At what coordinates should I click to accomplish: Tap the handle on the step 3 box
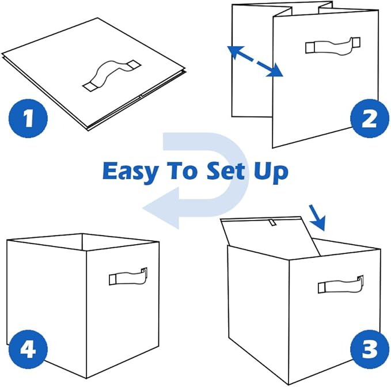pos(340,284)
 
